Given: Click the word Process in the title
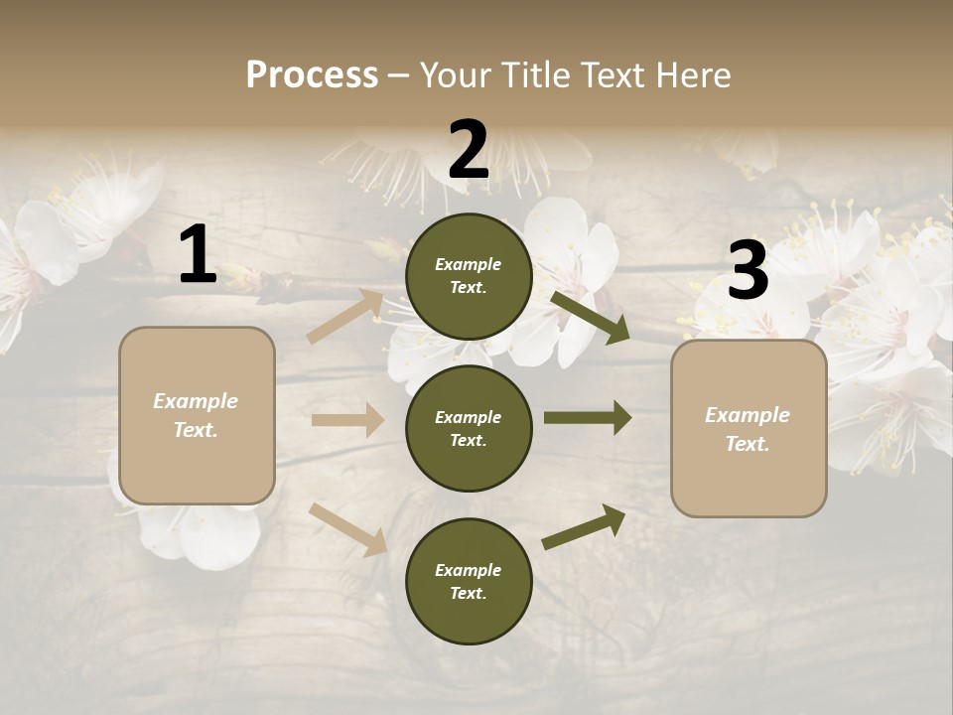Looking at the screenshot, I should click(x=312, y=74).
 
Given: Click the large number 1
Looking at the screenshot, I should click(x=198, y=255).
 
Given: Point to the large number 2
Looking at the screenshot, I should click(x=468, y=150).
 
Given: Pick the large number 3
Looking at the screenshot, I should click(x=748, y=271).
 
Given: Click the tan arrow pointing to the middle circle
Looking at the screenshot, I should click(x=347, y=420).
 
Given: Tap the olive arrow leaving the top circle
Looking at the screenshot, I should click(x=591, y=317).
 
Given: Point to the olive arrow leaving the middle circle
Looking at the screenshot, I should click(x=588, y=418).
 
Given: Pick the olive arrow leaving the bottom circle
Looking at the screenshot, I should click(x=585, y=526).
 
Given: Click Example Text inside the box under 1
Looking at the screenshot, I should click(x=196, y=415).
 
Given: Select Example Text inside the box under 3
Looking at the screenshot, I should click(x=748, y=429).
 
